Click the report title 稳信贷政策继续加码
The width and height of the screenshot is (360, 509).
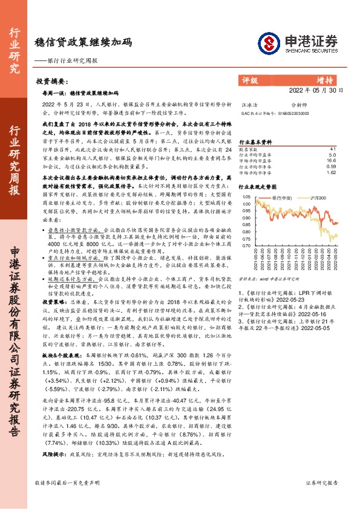pyautogui.click(x=83, y=44)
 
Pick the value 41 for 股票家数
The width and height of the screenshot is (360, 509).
pyautogui.click(x=332, y=149)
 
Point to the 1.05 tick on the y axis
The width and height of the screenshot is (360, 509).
pyautogui.click(x=246, y=197)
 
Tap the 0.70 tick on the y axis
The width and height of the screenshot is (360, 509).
pyautogui.click(x=246, y=246)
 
